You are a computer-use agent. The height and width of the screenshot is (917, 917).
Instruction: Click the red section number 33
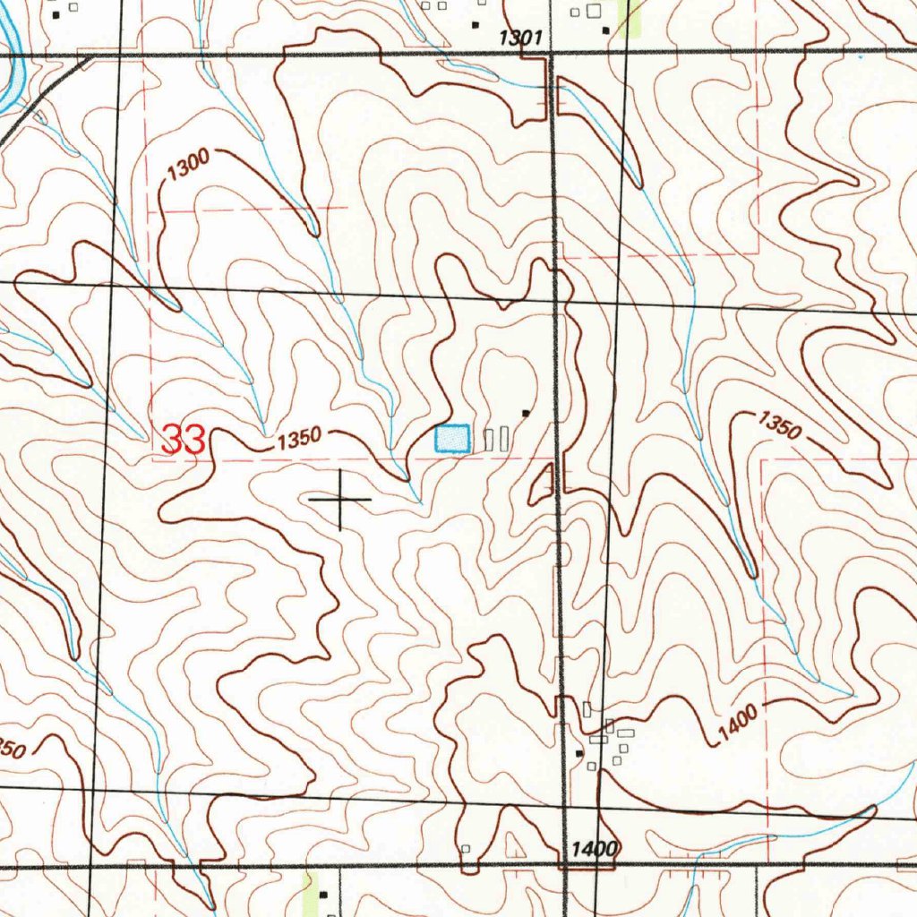184,439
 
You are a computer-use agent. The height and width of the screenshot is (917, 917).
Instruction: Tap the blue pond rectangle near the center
452,439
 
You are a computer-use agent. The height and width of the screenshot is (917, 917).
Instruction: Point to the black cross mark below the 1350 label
339,498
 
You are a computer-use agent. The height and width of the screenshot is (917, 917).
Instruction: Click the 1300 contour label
188,165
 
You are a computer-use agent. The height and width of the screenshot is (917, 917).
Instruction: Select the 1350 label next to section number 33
298,440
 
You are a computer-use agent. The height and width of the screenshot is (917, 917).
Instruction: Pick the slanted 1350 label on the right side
778,424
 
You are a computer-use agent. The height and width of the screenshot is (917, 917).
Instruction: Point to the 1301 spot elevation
520,37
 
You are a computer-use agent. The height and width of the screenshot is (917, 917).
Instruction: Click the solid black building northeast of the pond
526,413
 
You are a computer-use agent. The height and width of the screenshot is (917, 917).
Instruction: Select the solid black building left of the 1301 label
476,25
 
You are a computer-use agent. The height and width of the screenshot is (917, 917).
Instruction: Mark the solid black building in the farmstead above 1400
579,754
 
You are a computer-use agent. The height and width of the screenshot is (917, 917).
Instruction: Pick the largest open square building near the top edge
593,11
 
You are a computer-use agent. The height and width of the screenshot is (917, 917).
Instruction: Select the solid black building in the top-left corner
56,15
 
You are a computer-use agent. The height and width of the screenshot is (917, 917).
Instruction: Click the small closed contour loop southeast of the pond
541,486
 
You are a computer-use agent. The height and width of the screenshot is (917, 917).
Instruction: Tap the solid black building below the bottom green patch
323,894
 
